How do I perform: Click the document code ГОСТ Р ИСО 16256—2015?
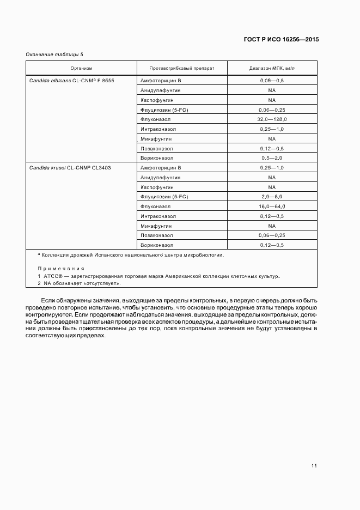click(281, 40)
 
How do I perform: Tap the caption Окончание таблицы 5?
click(54, 54)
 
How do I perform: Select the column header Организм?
click(81, 69)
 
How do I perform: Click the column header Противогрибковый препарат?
click(182, 69)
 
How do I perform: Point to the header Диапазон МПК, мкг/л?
click(272, 69)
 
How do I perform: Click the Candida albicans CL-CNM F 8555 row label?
click(71, 80)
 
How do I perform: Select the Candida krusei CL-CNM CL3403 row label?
click(70, 168)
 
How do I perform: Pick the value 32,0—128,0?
click(272, 119)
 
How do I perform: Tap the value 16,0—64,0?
click(272, 207)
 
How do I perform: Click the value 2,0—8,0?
click(272, 197)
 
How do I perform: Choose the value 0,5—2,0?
click(272, 158)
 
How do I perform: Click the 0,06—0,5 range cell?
click(272, 80)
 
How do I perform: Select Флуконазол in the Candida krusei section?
click(155, 207)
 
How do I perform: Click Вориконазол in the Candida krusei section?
click(157, 245)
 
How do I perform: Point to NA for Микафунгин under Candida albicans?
click(272, 138)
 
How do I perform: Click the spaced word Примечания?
click(60, 269)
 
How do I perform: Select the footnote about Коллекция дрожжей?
click(131, 254)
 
